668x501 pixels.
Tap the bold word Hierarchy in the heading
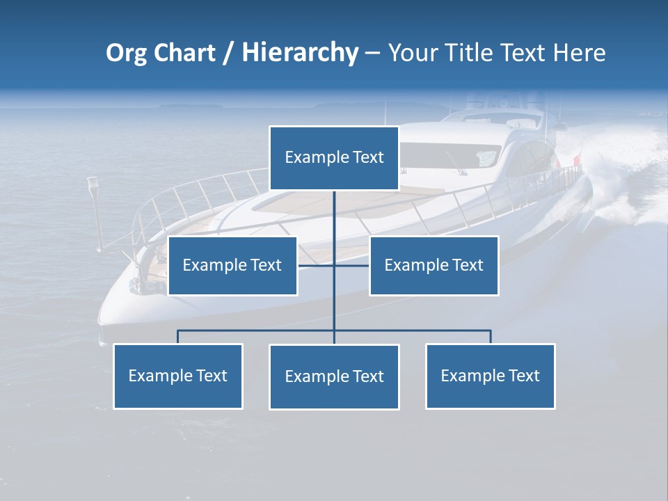[x=300, y=53]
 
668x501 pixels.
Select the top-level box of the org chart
[x=334, y=158]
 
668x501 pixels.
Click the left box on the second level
[x=232, y=265]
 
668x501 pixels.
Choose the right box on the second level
[x=434, y=265]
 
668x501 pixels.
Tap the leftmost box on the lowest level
[x=177, y=376]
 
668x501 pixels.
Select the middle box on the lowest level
[x=334, y=376]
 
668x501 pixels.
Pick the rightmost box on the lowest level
[x=490, y=376]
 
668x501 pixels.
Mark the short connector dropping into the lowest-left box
[x=177, y=337]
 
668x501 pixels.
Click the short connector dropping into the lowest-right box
[x=491, y=337]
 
